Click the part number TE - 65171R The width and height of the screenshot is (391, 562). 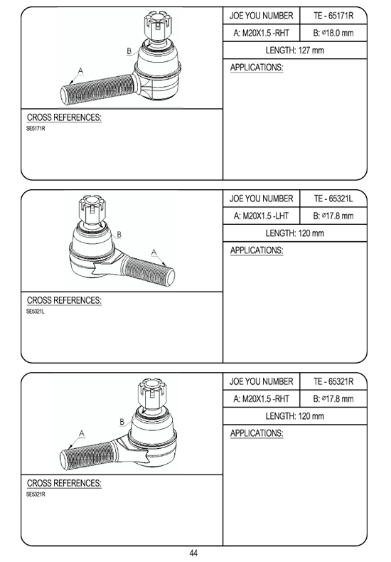tap(333, 16)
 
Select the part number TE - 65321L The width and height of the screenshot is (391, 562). tap(333, 198)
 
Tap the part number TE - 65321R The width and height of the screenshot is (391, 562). tap(333, 381)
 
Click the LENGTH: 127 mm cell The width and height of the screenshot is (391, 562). tap(295, 51)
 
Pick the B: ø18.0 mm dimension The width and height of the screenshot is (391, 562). tap(333, 33)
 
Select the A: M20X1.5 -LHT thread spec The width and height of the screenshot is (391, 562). tap(261, 216)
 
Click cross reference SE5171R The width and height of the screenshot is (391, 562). tap(36, 129)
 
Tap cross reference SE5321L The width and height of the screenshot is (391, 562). tap(36, 312)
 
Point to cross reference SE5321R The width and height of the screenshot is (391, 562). tap(36, 494)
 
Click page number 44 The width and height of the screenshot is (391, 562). tap(193, 553)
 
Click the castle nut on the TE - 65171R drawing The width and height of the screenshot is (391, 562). tap(156, 25)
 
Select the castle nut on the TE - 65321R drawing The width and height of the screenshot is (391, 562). tap(151, 393)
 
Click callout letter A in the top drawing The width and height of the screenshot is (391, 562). tap(80, 70)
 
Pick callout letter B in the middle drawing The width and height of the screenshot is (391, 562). tap(119, 235)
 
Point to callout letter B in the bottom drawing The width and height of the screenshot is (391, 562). tap(122, 422)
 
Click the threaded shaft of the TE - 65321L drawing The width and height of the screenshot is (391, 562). tap(148, 270)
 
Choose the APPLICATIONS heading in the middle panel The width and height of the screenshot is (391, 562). tap(257, 250)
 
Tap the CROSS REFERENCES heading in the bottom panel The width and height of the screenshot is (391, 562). tap(64, 483)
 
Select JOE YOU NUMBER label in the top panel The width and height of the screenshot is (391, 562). tap(261, 16)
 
